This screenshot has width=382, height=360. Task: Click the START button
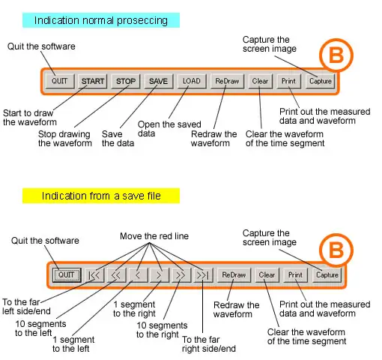point(92,81)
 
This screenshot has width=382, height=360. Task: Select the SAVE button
point(159,81)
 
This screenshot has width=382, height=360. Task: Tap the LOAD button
point(192,81)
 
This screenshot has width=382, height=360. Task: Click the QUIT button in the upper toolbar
point(60,81)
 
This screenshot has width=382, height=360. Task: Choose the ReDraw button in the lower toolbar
point(234,275)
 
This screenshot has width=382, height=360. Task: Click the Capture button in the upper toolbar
point(321,81)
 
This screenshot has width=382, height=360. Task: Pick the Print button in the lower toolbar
point(295,275)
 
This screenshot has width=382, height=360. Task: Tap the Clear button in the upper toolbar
point(260,81)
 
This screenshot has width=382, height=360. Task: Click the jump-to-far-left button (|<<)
point(94,275)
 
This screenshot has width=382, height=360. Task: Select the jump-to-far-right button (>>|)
point(203,275)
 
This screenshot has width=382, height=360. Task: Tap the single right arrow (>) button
point(160,275)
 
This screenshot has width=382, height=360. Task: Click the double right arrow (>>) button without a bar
point(181,275)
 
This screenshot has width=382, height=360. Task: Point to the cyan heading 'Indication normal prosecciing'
point(101,20)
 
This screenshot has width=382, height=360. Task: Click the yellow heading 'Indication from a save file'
point(101,196)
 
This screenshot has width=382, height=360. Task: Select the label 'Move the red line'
point(154,236)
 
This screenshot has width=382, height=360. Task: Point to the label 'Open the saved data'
point(169,129)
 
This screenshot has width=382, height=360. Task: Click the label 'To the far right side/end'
point(209,344)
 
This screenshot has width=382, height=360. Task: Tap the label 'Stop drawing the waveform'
point(65,139)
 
